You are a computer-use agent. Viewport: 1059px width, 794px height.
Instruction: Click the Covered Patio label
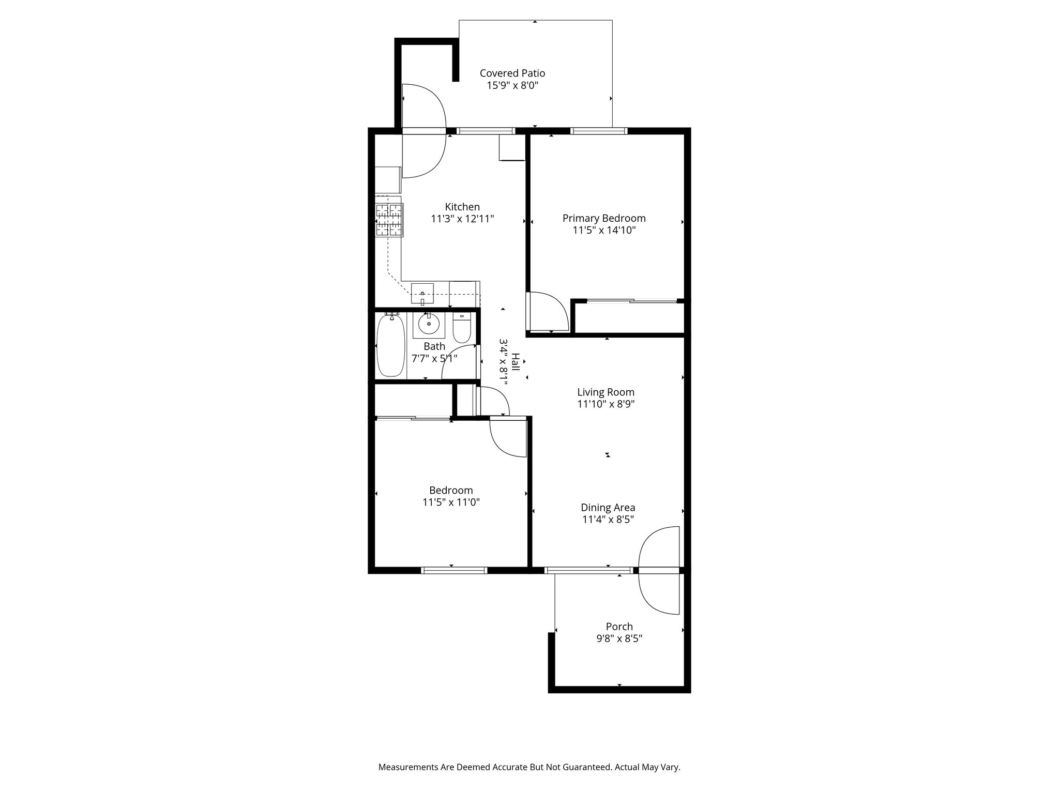[512, 73]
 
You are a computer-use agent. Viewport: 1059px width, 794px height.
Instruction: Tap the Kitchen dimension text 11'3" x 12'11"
[462, 219]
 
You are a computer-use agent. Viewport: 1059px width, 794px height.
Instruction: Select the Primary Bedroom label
[603, 218]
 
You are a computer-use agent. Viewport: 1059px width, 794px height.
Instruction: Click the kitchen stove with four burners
[389, 220]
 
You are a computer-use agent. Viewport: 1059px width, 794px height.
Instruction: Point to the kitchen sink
[422, 294]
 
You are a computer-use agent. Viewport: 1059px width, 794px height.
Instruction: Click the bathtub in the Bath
[390, 345]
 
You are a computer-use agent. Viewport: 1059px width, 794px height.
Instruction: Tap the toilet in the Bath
[461, 328]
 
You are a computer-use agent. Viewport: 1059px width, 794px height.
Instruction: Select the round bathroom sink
[429, 325]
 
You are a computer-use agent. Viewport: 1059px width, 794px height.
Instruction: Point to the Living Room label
[606, 392]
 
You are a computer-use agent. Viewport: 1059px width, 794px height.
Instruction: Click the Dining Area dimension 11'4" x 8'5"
[608, 520]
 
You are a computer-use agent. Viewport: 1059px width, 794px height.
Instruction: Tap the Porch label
[619, 627]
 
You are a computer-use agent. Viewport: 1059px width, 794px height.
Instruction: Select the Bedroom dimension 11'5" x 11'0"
[451, 502]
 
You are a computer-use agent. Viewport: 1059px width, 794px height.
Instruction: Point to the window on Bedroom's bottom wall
[454, 571]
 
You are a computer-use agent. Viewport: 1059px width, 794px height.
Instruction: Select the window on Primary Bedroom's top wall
[598, 131]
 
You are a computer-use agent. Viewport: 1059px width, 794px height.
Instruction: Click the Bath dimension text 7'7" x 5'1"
[434, 358]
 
